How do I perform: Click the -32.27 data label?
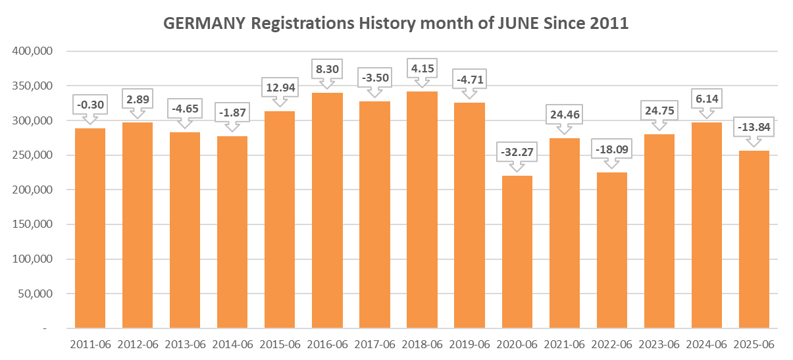pos(517,153)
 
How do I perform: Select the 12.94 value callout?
pos(280,87)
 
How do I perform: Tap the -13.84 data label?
pos(754,126)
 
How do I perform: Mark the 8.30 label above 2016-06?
pos(327,68)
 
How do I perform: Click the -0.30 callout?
pos(90,104)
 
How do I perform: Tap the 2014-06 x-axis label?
pos(232,344)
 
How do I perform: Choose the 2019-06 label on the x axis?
pos(469,344)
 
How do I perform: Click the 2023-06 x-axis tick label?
pos(659,344)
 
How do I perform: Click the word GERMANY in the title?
pos(203,24)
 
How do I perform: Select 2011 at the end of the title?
pos(609,24)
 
